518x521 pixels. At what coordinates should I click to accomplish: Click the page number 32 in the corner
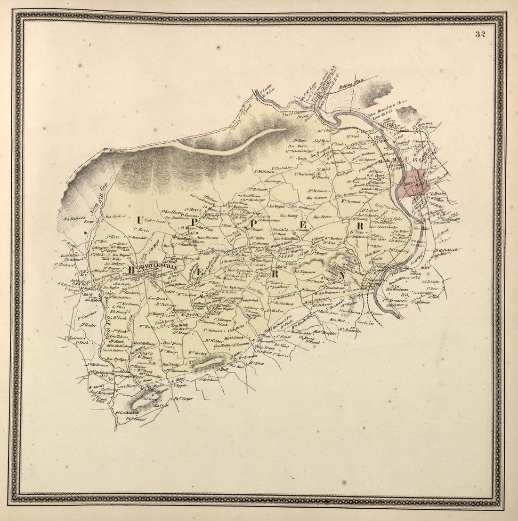(x=480, y=34)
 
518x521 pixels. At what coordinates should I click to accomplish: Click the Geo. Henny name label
(x=158, y=298)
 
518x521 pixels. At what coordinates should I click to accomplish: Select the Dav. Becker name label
(x=323, y=217)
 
